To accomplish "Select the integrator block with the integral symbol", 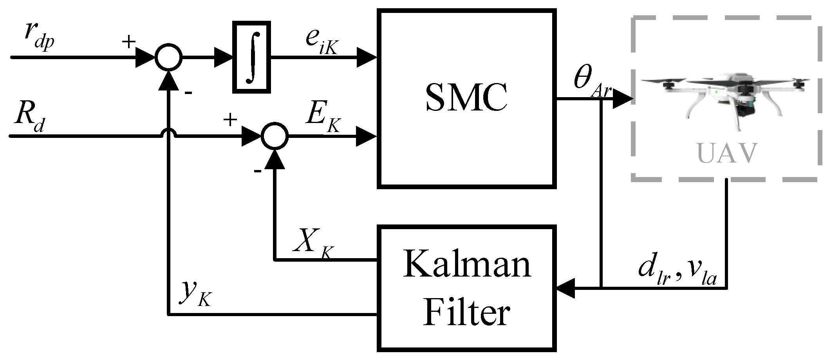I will pos(251,57).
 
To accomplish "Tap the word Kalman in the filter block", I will pos(467,265).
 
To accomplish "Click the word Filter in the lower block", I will pos(466,313).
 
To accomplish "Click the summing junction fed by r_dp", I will pos(168,58).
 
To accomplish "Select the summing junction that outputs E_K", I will pos(275,136).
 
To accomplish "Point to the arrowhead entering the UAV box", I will pos(623,98).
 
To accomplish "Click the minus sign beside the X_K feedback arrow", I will pos(258,171).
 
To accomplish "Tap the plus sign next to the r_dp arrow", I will pos(128,42).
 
